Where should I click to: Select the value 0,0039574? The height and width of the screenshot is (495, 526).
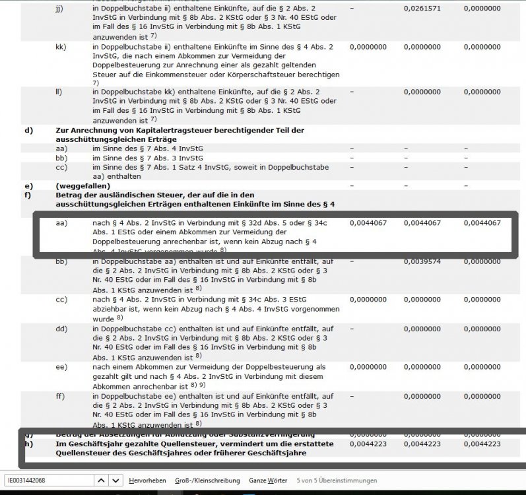pos(422,262)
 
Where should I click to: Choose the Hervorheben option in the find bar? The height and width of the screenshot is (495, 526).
pos(147,480)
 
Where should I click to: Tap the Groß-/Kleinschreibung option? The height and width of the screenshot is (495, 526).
pos(208,480)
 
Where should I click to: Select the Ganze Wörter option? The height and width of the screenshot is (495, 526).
pos(268,480)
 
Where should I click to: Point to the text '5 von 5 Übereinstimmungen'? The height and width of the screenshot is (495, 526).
pos(337,480)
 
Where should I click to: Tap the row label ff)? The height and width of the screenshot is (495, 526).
pos(60,396)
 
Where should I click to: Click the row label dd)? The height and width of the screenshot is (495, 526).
pos(61,328)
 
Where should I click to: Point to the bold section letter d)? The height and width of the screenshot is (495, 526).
pos(28,130)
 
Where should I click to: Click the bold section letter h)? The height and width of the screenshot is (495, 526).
pos(28,444)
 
